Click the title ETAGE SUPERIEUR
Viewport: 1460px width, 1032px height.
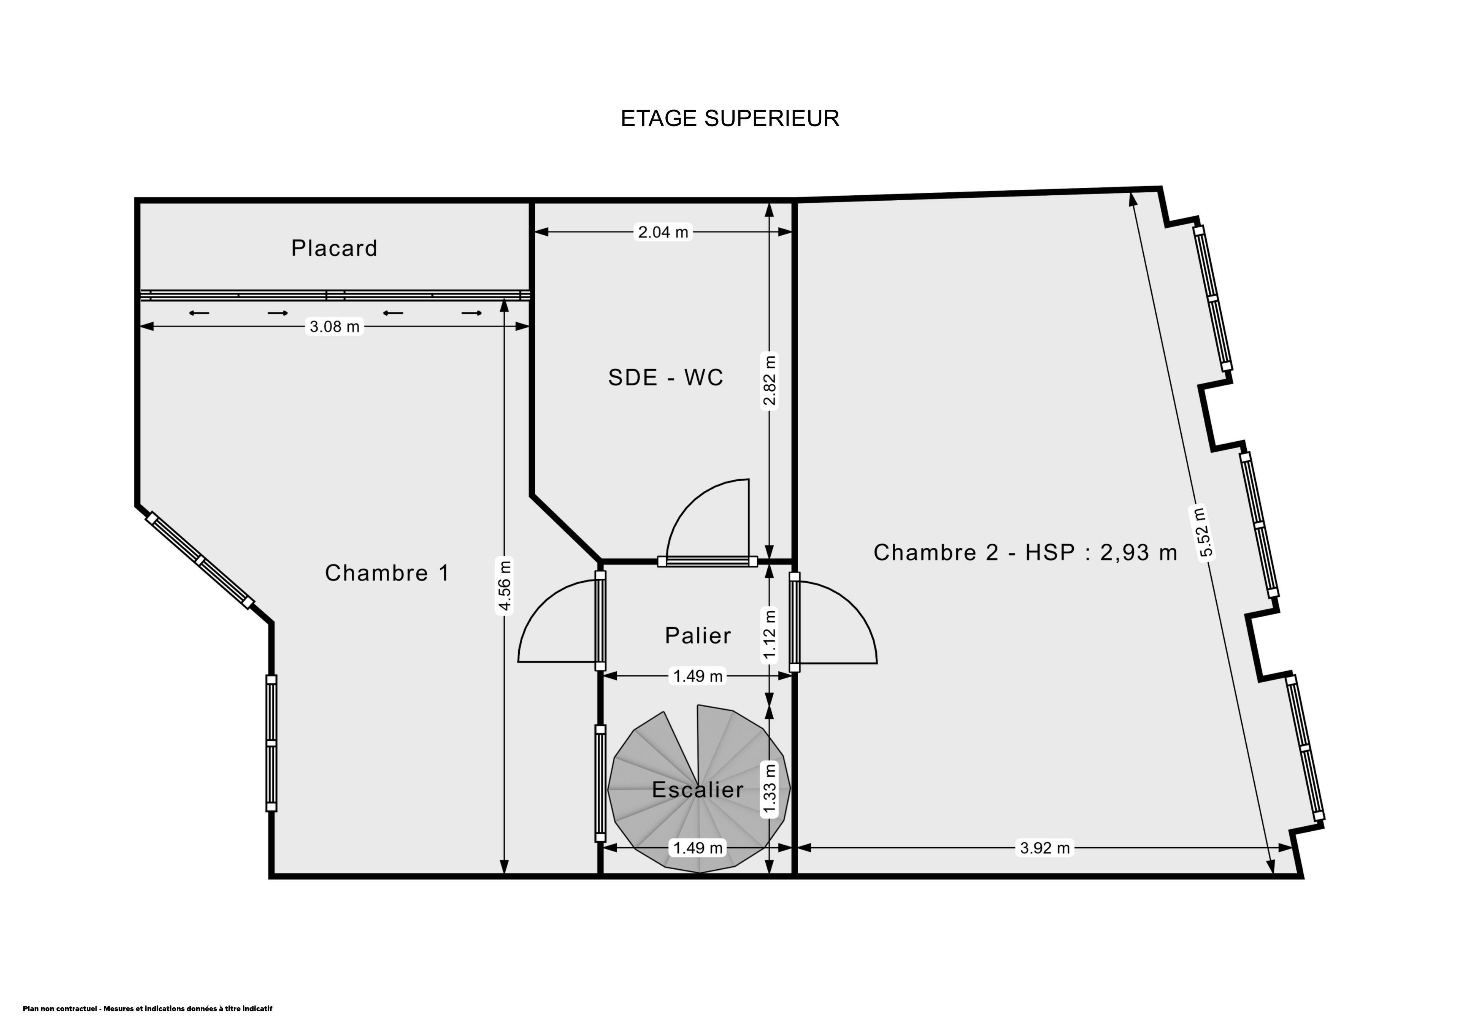tap(730, 118)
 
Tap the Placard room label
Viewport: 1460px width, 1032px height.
tap(335, 248)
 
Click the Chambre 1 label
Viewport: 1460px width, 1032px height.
tap(387, 573)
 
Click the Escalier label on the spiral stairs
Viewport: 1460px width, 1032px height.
tap(698, 790)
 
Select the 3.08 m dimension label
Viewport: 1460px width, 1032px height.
tap(335, 327)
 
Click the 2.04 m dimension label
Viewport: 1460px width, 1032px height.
tap(663, 232)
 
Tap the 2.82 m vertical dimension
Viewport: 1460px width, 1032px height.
tap(770, 380)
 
